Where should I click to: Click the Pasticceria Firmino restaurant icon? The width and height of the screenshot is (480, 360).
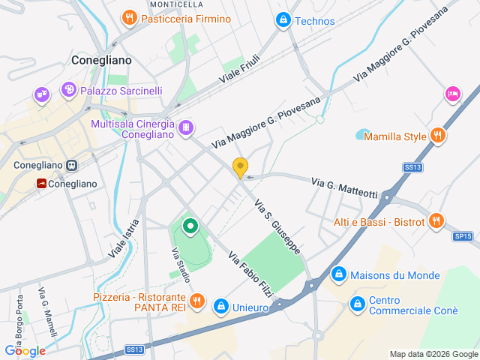130,17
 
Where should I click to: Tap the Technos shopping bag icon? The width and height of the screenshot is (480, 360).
283,20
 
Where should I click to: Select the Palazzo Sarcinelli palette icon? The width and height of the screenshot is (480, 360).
69,90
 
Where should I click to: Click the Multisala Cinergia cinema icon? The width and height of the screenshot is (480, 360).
184,128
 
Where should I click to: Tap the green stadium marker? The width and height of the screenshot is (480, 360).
190,226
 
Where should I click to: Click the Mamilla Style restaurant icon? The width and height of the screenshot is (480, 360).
438,136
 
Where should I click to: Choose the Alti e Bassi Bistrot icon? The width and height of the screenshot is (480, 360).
436,221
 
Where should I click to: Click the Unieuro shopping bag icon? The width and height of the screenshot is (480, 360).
221,306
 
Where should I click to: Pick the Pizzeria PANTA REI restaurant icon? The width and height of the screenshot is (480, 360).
196,301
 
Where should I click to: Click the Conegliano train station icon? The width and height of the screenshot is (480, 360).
72,165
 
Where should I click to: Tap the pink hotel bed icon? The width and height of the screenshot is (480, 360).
452,94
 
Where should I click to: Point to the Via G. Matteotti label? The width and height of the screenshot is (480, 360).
344,188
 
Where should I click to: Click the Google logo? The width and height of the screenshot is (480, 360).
25,351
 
